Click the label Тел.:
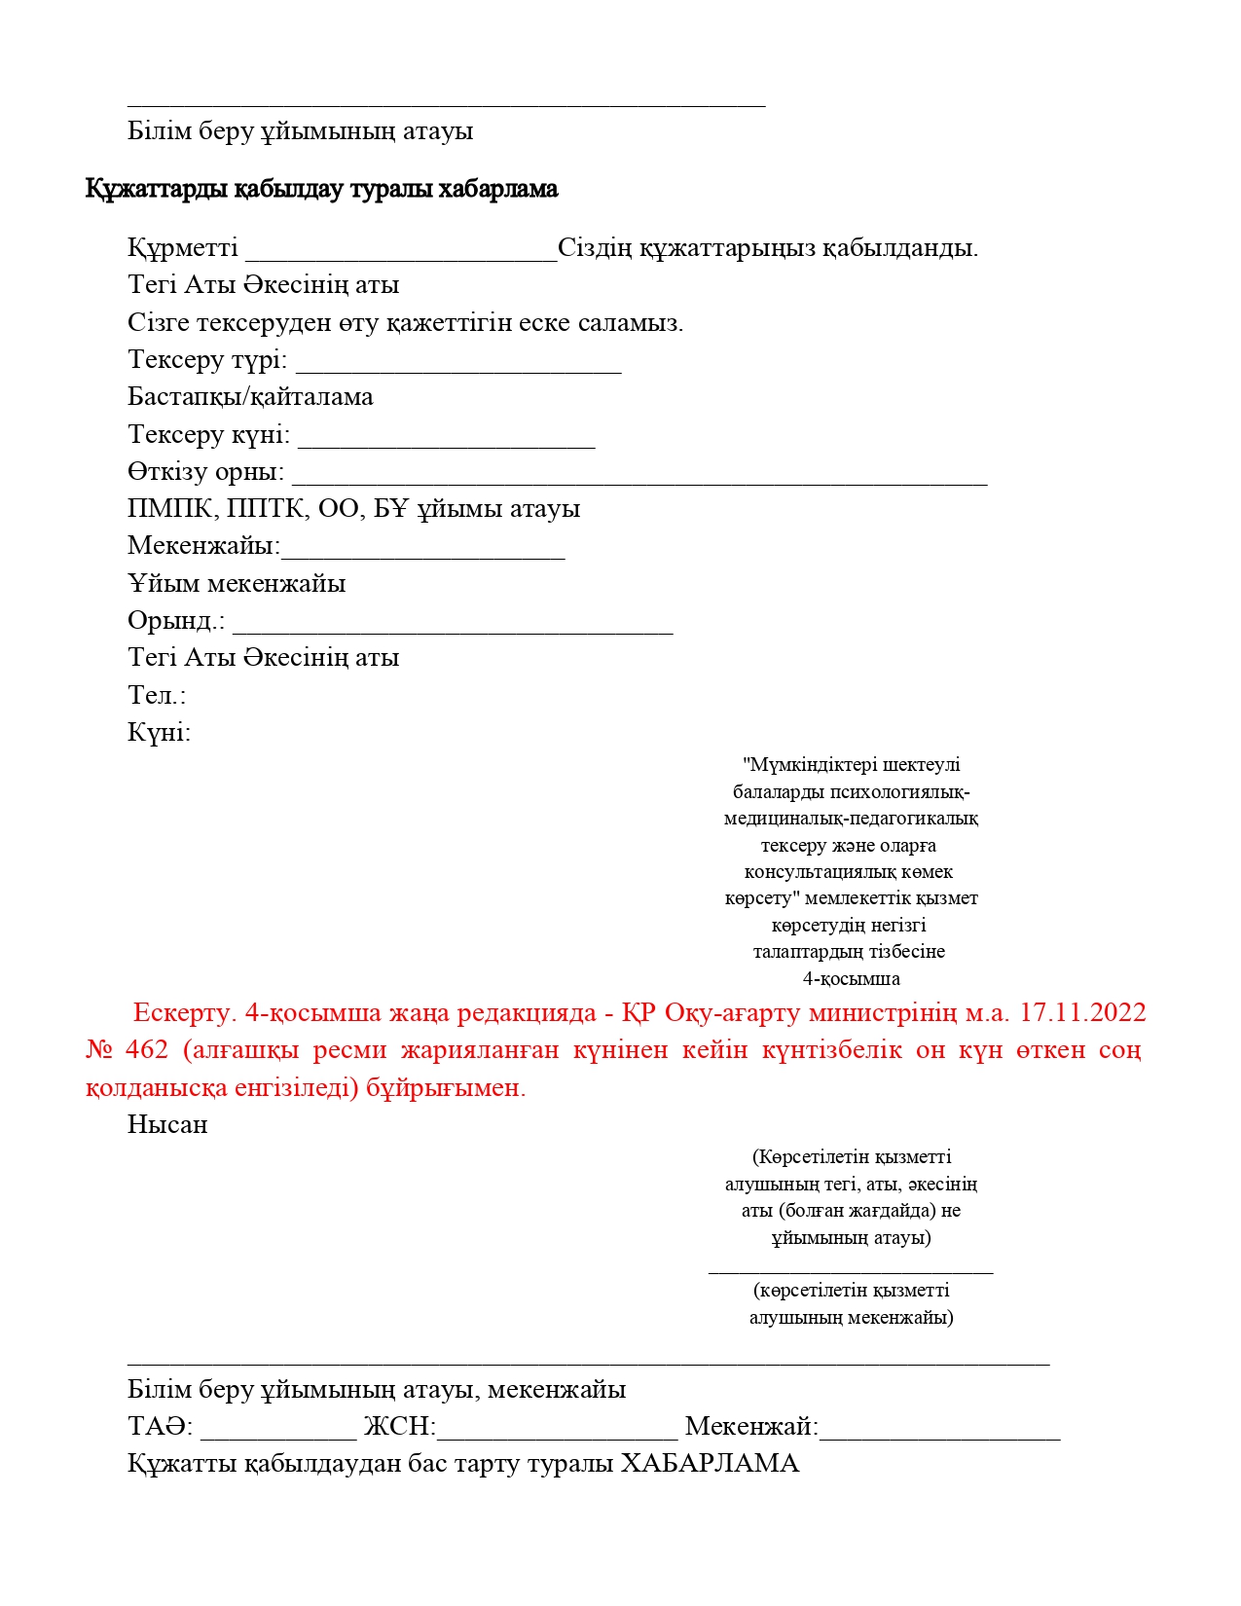click(x=157, y=695)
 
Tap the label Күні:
click(x=159, y=732)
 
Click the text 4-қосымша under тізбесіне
click(x=851, y=978)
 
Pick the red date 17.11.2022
click(x=1082, y=1013)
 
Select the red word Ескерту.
click(x=184, y=1013)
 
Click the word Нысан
click(x=167, y=1125)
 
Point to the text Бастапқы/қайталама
click(x=250, y=397)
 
